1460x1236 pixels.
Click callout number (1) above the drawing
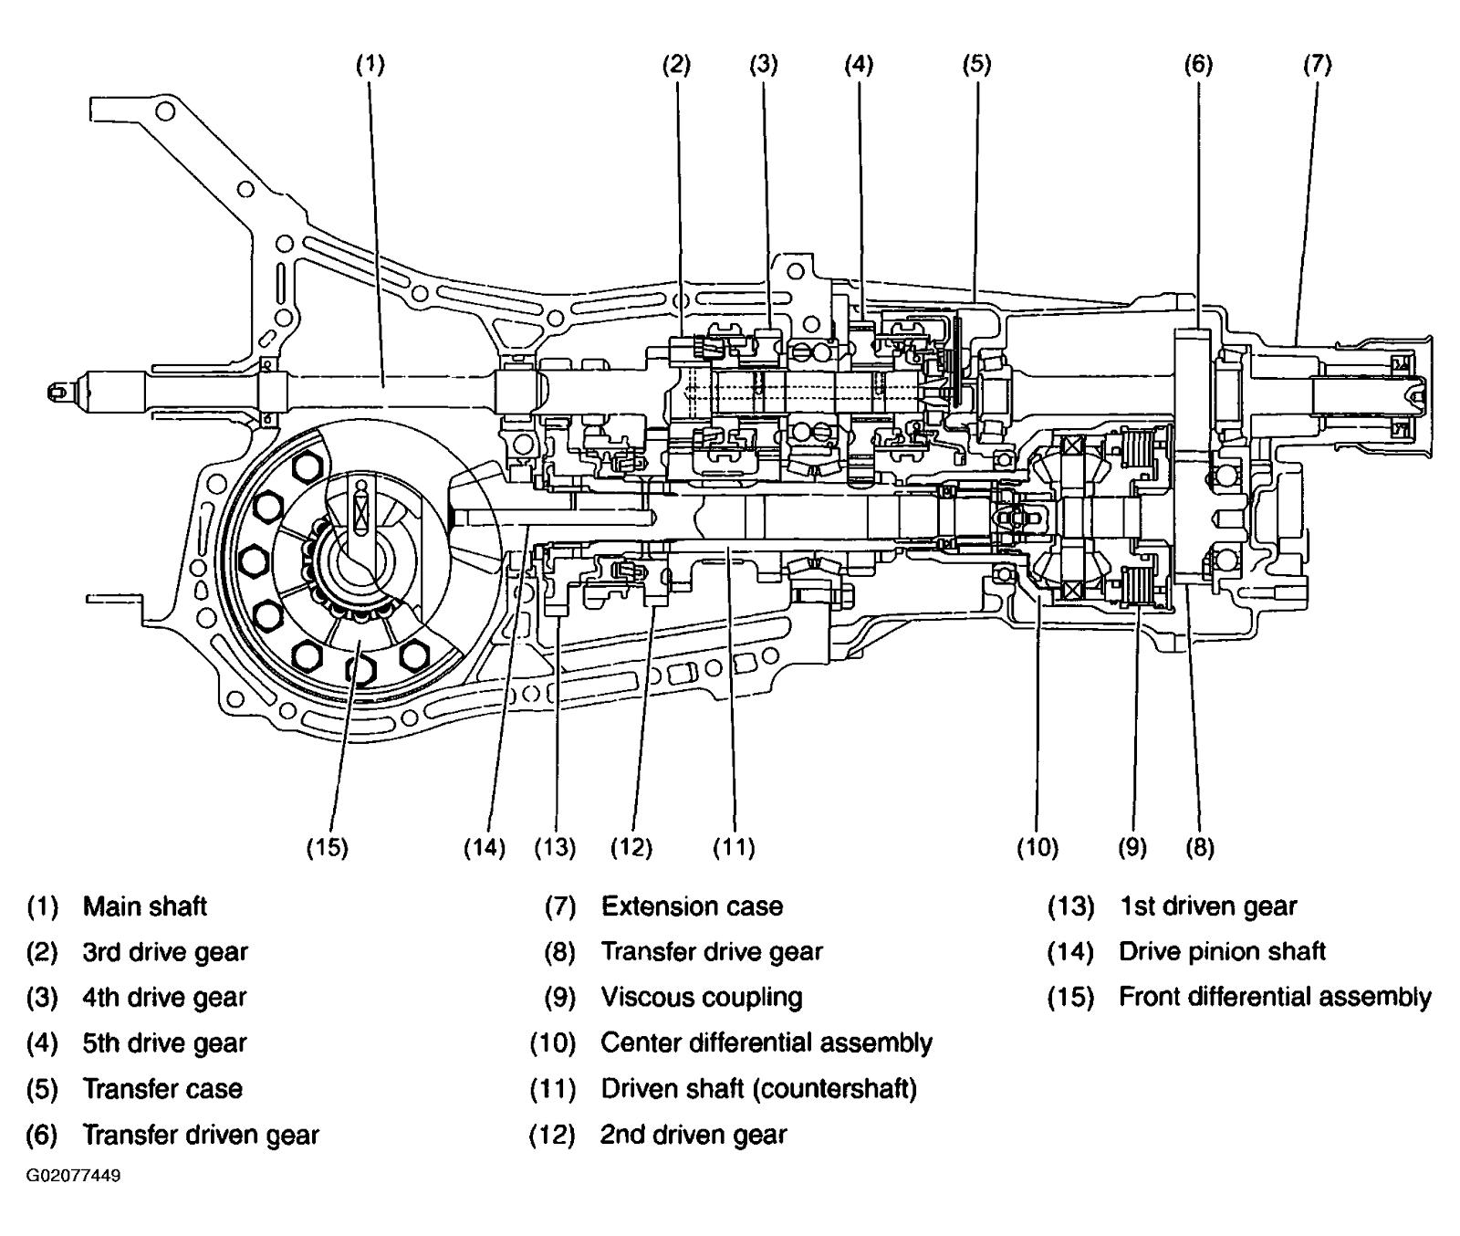(x=370, y=65)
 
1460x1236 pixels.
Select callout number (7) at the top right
(x=1317, y=65)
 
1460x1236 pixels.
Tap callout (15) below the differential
(x=327, y=848)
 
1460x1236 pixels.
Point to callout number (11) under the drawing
(x=734, y=848)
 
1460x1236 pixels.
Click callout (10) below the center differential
(x=1038, y=848)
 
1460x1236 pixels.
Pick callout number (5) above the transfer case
(x=975, y=65)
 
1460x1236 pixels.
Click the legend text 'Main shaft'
(x=144, y=906)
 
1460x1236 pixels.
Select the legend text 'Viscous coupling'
(x=701, y=998)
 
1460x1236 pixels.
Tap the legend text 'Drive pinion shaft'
(x=1222, y=952)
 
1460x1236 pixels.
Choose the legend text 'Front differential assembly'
(x=1275, y=998)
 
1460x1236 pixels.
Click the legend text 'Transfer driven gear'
(x=201, y=1136)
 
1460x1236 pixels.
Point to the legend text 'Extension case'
(x=692, y=906)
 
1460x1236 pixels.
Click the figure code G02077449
(x=73, y=1175)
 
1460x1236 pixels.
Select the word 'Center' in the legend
(x=633, y=1043)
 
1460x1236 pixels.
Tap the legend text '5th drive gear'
(x=164, y=1043)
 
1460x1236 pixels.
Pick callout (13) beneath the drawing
(x=555, y=848)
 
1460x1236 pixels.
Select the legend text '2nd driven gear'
(x=693, y=1136)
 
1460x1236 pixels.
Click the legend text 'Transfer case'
(x=162, y=1089)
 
